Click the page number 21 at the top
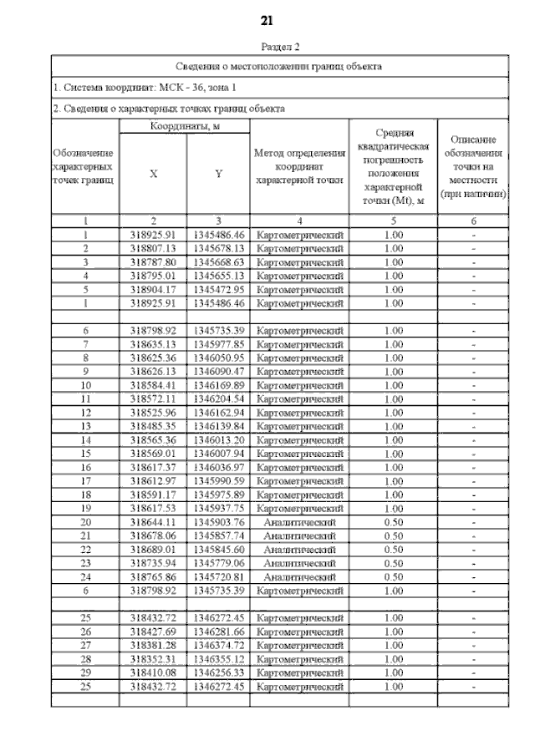coord(267,19)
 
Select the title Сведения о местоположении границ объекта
coord(279,66)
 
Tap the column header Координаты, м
coord(184,126)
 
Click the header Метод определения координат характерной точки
coord(299,166)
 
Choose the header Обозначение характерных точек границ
coord(84,166)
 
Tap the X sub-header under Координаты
coord(153,174)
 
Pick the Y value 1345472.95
coord(217,289)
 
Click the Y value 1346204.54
coord(217,398)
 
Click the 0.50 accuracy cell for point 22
coord(393,549)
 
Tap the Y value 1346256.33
coord(217,672)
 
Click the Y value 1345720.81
coord(217,576)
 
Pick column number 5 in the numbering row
coord(393,221)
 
